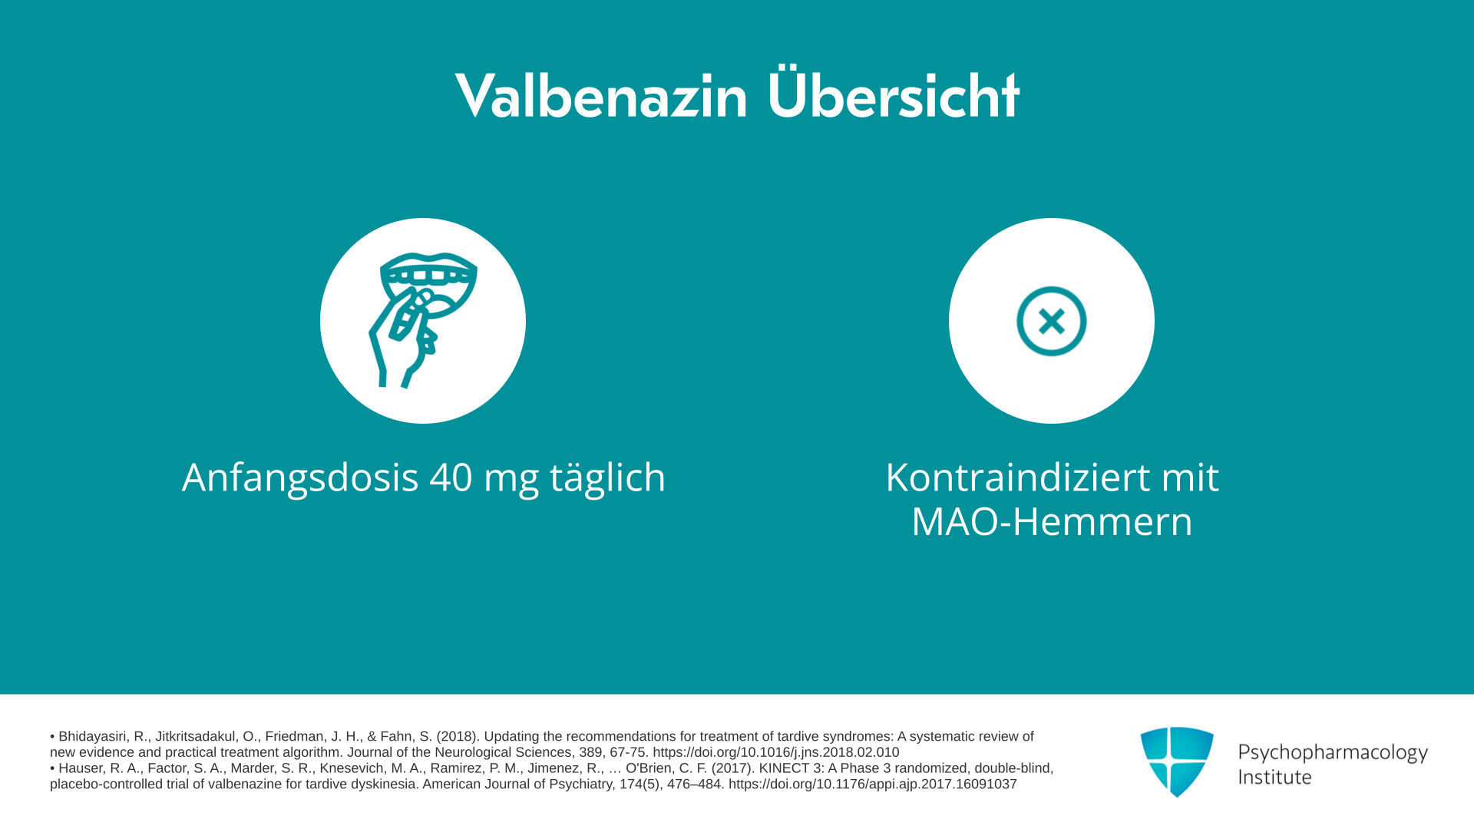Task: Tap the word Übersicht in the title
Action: tap(893, 93)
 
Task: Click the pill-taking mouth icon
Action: tap(423, 320)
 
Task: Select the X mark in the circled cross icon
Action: tap(1052, 321)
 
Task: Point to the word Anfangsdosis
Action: tap(300, 479)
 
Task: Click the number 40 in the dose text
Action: tap(451, 477)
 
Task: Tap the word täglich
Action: tap(607, 478)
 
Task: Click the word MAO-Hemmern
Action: tap(1052, 521)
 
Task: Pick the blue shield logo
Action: tap(1177, 761)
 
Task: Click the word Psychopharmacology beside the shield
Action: tap(1333, 753)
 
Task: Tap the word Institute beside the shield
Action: tap(1274, 777)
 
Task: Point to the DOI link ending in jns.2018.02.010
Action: tap(776, 753)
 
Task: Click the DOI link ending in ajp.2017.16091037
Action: tap(873, 784)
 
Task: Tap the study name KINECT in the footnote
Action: tap(784, 768)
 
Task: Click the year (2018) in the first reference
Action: tap(456, 737)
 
